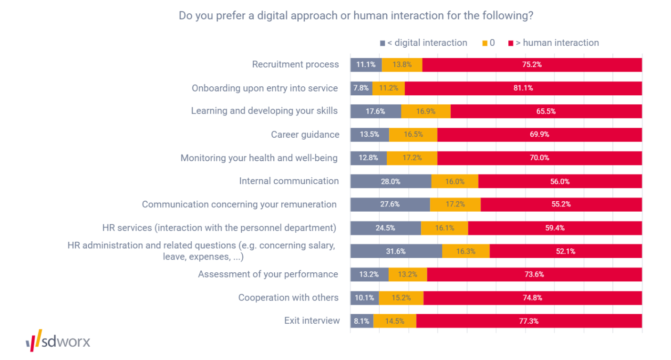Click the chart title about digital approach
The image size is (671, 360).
(356, 16)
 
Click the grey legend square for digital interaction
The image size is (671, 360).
(382, 43)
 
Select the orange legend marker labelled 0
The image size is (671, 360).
(485, 43)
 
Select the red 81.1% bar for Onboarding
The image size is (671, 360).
(523, 88)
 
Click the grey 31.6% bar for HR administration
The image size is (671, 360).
(396, 251)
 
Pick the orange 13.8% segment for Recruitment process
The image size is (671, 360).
(402, 65)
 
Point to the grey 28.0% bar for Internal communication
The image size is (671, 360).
(391, 181)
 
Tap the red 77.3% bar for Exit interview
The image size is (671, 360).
(529, 321)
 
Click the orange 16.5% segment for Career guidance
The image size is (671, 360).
(413, 134)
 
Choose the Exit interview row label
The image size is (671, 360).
(312, 320)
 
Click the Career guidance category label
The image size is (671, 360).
(305, 134)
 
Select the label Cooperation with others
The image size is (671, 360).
(289, 298)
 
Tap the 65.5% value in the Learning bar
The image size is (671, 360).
(546, 112)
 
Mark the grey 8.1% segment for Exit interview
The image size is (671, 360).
(361, 321)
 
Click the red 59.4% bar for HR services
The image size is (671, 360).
(555, 228)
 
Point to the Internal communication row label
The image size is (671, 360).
(289, 181)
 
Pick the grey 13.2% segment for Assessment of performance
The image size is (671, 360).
(369, 275)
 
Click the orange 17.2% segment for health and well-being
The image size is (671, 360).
(412, 158)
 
